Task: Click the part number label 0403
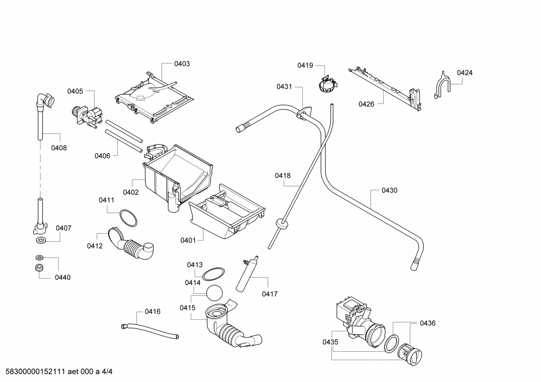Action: tap(182, 64)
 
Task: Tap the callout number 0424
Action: tap(464, 73)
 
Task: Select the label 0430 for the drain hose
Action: tap(389, 190)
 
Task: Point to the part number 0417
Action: tap(270, 294)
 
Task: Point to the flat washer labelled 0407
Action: tap(40, 240)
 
